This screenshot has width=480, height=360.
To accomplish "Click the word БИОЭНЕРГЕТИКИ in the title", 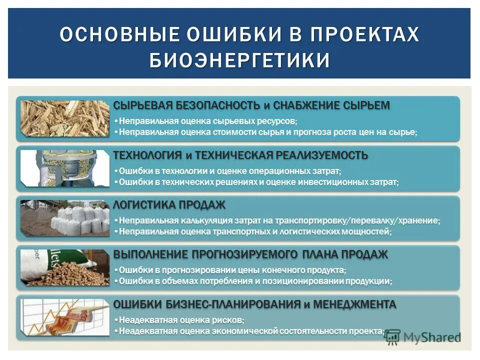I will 239,59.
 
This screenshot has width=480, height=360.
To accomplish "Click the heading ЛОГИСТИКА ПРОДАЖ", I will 169,205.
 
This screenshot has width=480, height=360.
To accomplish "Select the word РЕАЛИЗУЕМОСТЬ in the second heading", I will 320,155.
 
